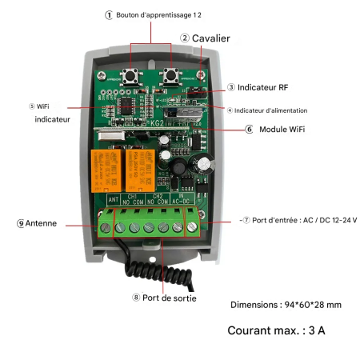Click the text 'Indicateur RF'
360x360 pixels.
pyautogui.click(x=262, y=87)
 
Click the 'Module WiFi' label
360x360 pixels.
pyautogui.click(x=283, y=129)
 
